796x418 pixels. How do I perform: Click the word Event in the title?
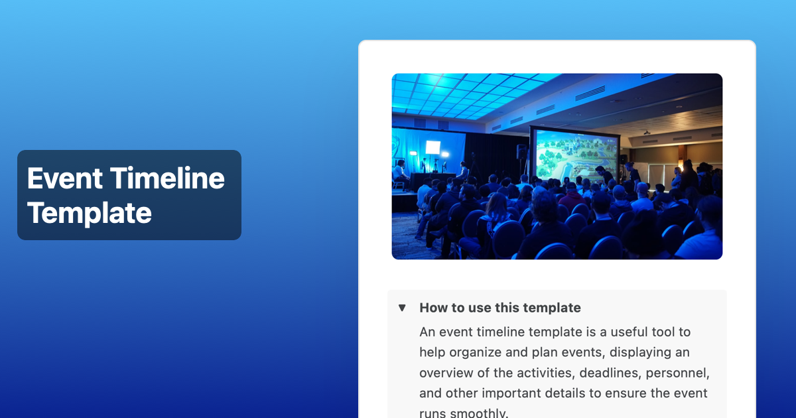(65, 178)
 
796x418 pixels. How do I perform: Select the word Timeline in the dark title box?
(167, 178)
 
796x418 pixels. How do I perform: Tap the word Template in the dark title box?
(89, 213)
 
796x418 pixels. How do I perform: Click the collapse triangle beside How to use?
(402, 308)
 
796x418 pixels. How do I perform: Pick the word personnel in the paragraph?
(677, 373)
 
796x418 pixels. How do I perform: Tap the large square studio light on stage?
(432, 147)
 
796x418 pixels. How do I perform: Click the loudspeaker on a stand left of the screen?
(521, 151)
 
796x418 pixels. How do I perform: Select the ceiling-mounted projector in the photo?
(647, 133)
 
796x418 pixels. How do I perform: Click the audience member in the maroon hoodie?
(571, 199)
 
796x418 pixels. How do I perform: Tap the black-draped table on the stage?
(431, 181)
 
